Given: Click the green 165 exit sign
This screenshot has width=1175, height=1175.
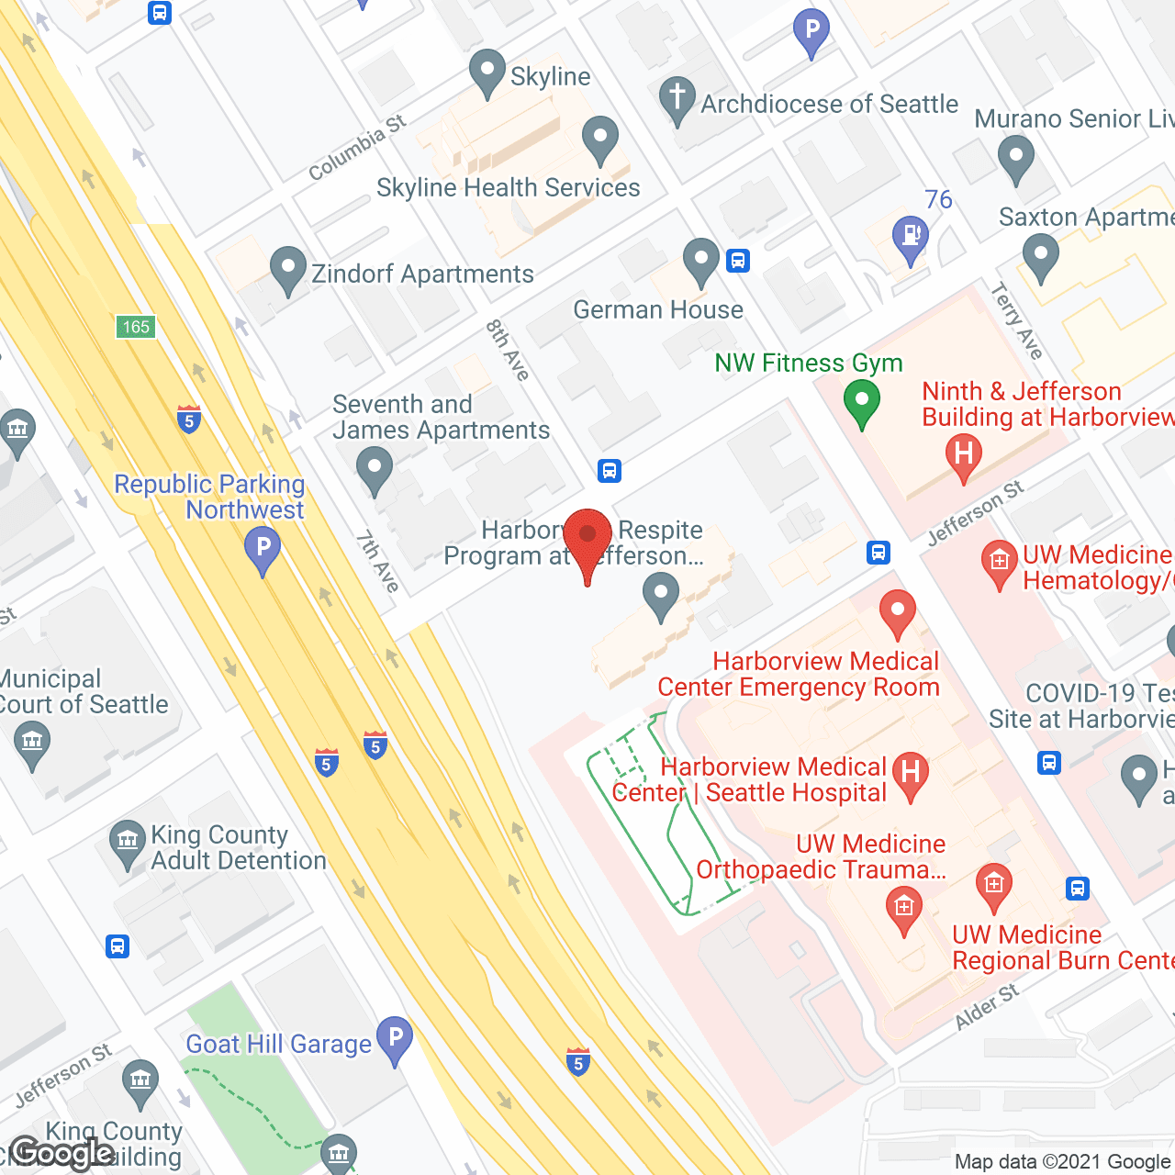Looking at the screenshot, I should click(x=136, y=327).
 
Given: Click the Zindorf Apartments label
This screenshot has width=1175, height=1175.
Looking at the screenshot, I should click(x=422, y=274).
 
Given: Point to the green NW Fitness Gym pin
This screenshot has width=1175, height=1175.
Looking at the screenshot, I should click(x=862, y=402).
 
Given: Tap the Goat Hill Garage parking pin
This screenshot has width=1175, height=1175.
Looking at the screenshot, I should click(x=395, y=1039).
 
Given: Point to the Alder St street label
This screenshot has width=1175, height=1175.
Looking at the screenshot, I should click(x=987, y=1007).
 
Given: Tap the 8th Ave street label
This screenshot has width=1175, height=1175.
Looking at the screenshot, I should click(x=508, y=350).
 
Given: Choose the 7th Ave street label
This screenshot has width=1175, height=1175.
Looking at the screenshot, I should click(x=378, y=561).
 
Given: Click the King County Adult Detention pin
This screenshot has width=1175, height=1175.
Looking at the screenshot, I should click(x=127, y=842).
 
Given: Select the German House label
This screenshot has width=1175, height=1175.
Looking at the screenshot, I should click(x=658, y=310).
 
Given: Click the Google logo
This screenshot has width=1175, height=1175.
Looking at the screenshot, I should click(x=62, y=1152).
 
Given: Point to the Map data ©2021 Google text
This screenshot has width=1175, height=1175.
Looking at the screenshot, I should click(x=1063, y=1161).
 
